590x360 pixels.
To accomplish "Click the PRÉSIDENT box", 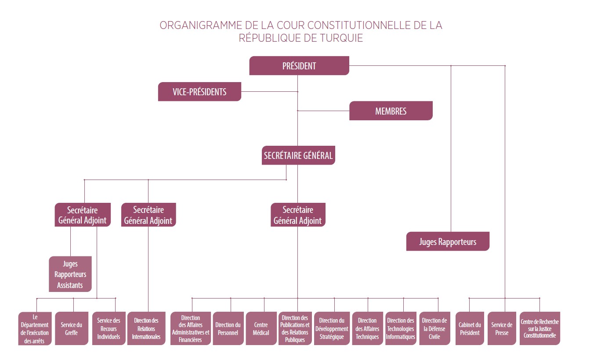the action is pyautogui.click(x=299, y=65).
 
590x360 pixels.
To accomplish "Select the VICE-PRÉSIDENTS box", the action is pyautogui.click(x=199, y=92).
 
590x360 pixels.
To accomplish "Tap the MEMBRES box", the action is pyautogui.click(x=391, y=111).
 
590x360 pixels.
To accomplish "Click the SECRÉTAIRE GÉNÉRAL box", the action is pyautogui.click(x=298, y=155).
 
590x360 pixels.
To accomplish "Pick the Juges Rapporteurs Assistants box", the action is pyautogui.click(x=70, y=274).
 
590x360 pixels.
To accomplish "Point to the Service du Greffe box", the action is pyautogui.click(x=71, y=328).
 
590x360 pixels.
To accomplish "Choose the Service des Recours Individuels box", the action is pyautogui.click(x=109, y=328).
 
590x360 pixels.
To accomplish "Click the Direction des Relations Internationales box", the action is pyautogui.click(x=146, y=328).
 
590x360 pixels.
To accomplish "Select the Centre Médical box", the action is pyautogui.click(x=261, y=328).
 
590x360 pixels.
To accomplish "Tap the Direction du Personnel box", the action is pyautogui.click(x=228, y=328).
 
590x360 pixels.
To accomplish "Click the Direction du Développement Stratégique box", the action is pyautogui.click(x=332, y=328).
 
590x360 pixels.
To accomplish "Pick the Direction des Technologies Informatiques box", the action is pyautogui.click(x=401, y=328).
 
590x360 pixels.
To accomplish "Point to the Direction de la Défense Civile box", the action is pyautogui.click(x=434, y=328).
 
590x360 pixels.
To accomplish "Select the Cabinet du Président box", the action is pyautogui.click(x=470, y=328).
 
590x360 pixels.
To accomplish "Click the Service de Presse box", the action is pyautogui.click(x=502, y=328).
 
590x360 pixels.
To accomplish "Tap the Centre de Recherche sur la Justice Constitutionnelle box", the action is pyautogui.click(x=539, y=328).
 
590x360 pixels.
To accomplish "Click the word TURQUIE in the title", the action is pyautogui.click(x=341, y=38).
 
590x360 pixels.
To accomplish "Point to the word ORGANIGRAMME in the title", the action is pyautogui.click(x=201, y=25).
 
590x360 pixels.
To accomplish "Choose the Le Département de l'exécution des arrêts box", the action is pyautogui.click(x=35, y=328).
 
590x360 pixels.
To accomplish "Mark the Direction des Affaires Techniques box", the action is pyautogui.click(x=367, y=328).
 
